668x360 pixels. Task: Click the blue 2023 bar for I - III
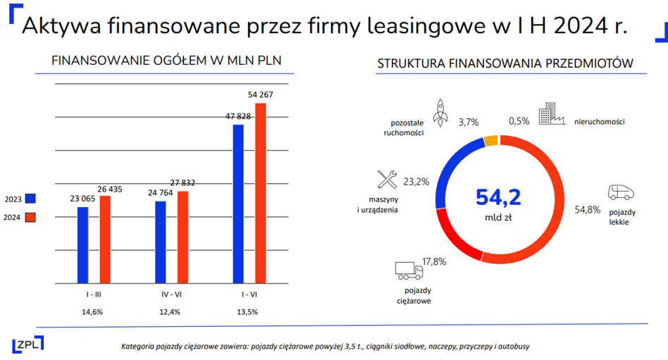82,245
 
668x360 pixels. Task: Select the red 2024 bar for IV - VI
183,237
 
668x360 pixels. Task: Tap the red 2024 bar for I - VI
260,194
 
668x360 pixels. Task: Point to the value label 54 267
260,94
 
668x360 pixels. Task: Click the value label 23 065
82,199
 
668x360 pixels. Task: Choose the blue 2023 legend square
30,199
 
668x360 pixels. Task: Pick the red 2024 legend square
30,217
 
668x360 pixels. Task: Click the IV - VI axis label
171,294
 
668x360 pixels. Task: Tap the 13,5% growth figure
247,312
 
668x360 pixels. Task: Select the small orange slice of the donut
490,141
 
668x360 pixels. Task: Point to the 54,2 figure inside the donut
498,197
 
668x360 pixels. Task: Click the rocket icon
440,113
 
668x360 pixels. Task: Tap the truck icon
409,271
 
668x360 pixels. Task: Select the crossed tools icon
387,180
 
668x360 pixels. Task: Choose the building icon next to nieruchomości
552,113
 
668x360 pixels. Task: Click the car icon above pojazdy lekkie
621,192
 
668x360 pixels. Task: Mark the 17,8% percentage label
434,261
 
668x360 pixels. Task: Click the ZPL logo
28,345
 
